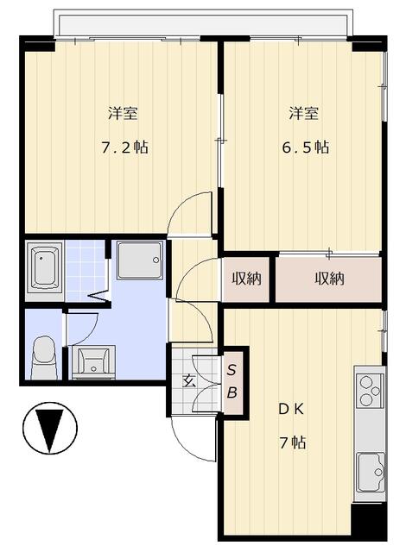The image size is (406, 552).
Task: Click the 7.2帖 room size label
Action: tap(124, 147)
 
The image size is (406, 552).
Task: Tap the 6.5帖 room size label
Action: tap(306, 147)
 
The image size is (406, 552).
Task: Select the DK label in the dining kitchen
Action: tap(291, 410)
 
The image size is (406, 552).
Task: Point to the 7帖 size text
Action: tap(293, 442)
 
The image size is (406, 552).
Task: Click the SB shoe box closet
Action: tap(232, 381)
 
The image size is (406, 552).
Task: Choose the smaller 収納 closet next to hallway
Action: tap(245, 279)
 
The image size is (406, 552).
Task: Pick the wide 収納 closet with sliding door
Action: tap(329, 279)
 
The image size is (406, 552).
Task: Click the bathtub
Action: tap(44, 267)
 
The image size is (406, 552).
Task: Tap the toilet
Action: tap(44, 357)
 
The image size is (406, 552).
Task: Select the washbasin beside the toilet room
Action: tap(93, 362)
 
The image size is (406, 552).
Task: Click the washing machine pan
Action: tap(140, 260)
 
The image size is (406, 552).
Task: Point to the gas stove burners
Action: tap(370, 389)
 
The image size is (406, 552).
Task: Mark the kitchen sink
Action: tap(371, 472)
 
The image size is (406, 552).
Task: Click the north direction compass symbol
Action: tap(50, 428)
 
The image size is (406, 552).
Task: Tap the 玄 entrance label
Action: tap(188, 381)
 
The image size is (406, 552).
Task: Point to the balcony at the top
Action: tap(203, 23)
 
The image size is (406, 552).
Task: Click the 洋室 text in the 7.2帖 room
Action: tap(123, 114)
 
